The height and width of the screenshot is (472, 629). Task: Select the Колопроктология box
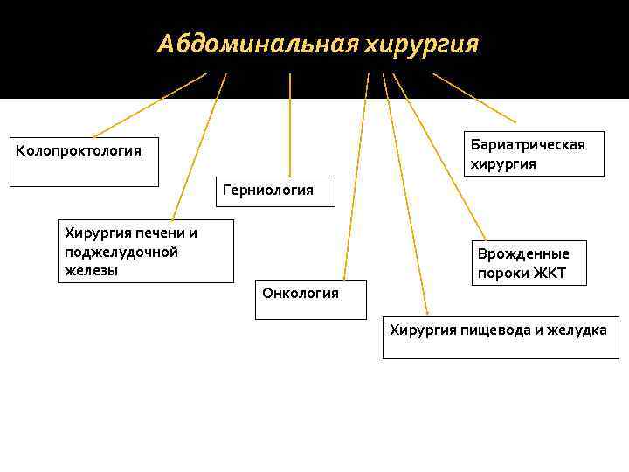pos(84,161)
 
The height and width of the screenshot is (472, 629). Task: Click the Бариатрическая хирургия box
pos(534,155)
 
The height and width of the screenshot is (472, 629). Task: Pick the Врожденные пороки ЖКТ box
pos(528,263)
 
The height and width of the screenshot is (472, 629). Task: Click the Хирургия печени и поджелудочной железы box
pos(145,251)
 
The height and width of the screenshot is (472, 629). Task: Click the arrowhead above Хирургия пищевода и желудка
pos(426,310)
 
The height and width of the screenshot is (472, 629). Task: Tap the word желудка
pos(578,330)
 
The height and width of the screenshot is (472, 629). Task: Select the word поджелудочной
pos(121,252)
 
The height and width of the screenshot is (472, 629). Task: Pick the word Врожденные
pos(523,253)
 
